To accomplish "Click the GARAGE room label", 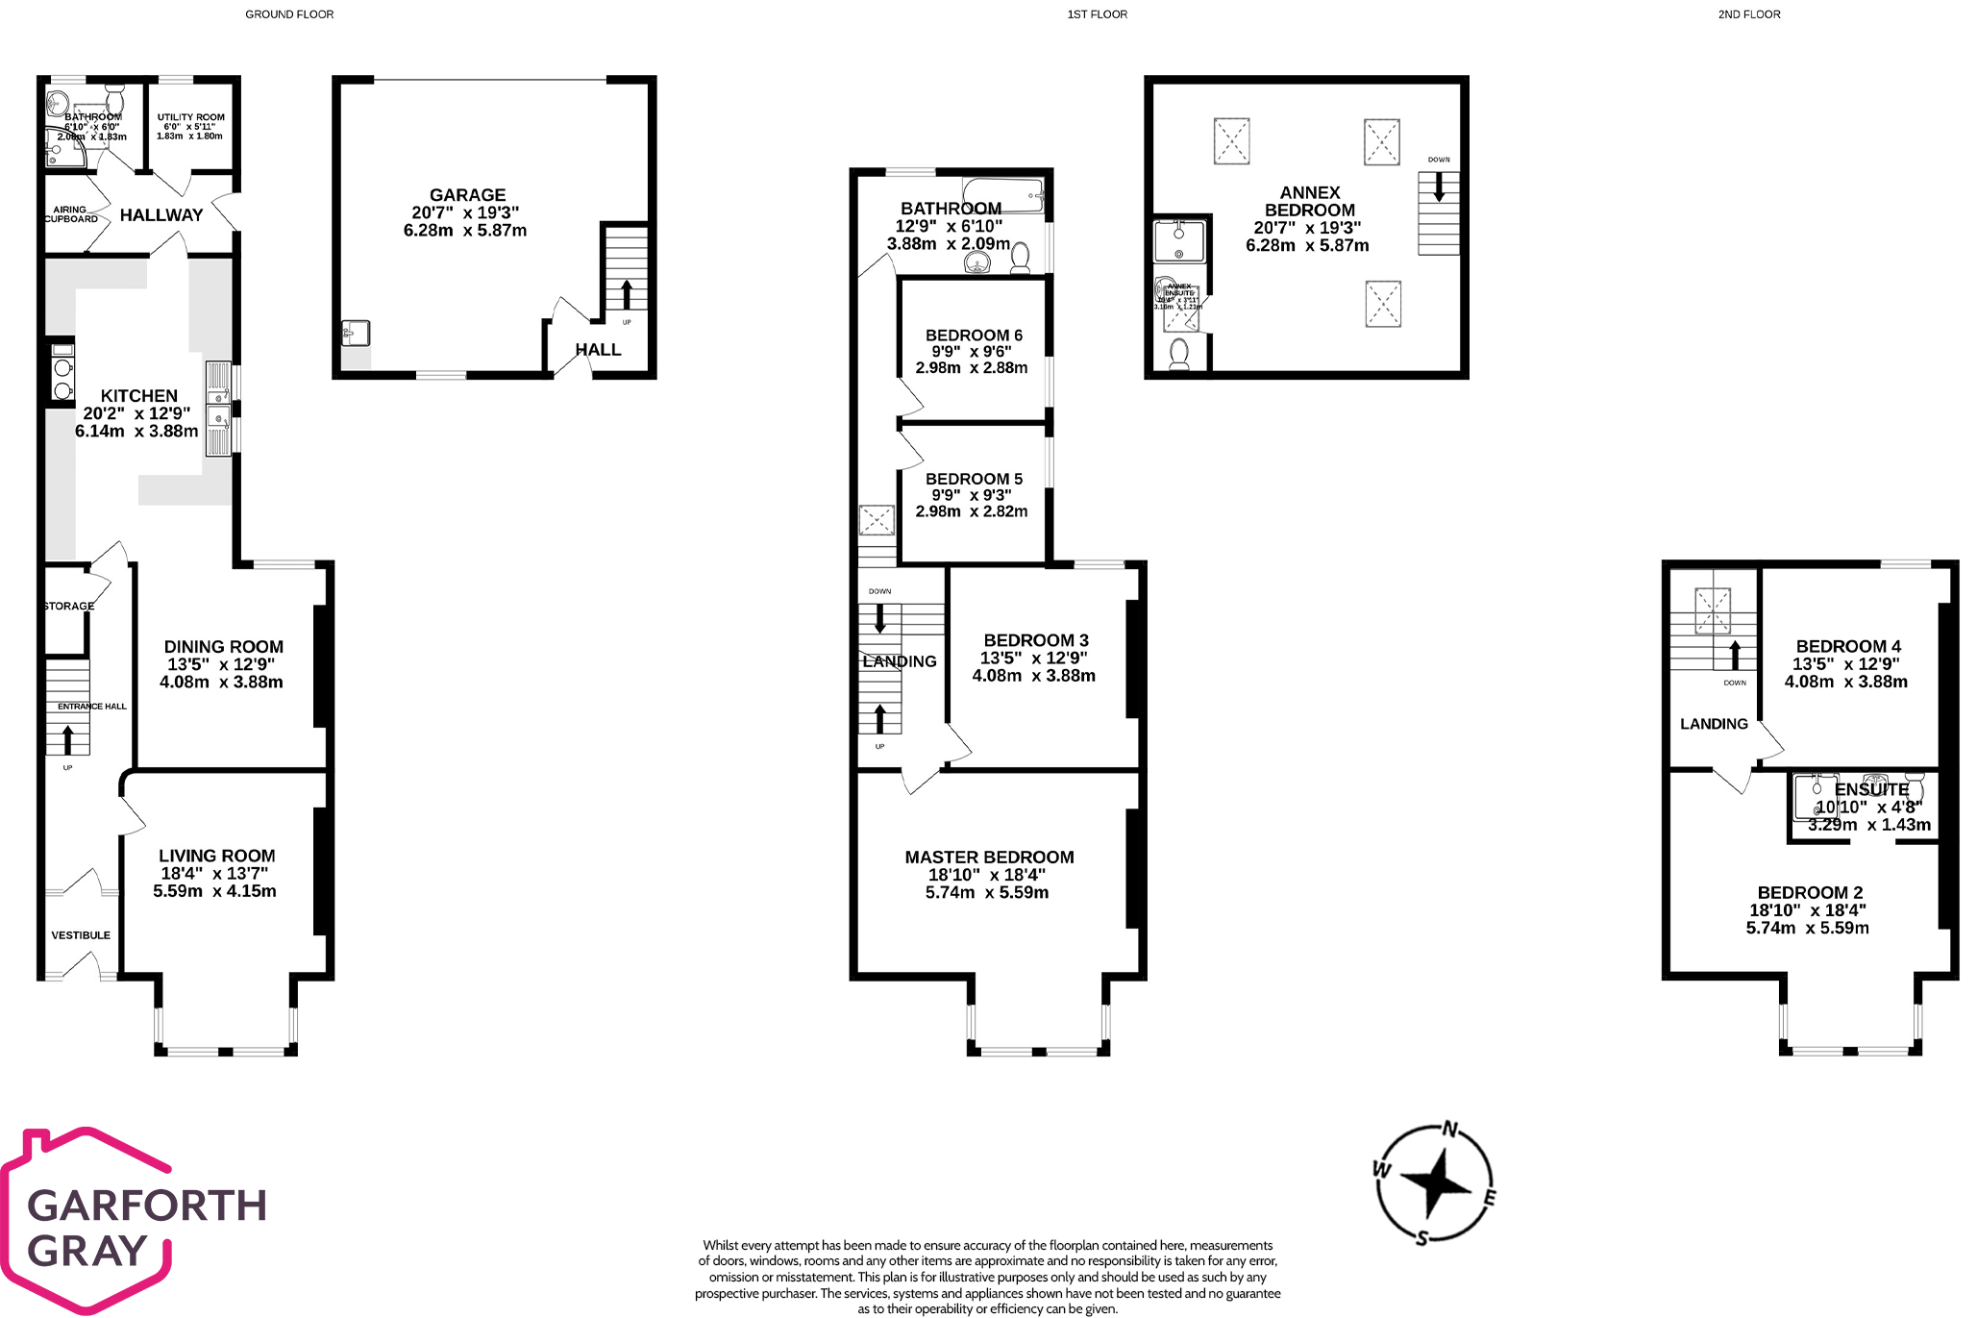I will pyautogui.click(x=467, y=195).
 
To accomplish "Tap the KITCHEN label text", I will pyautogui.click(x=138, y=396).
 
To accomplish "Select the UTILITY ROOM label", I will pyautogui.click(x=190, y=117).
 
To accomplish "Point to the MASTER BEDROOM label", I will pyautogui.click(x=989, y=858).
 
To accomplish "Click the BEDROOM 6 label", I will pyautogui.click(x=974, y=336).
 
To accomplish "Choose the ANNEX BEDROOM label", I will pyautogui.click(x=1309, y=202).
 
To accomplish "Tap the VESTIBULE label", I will pyautogui.click(x=81, y=935).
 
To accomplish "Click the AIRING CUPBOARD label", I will pyautogui.click(x=70, y=214).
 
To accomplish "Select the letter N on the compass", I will pyautogui.click(x=1450, y=1130).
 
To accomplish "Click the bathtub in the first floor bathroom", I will pyautogui.click(x=1002, y=195).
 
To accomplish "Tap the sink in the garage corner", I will pyautogui.click(x=355, y=334).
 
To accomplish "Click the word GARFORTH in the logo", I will pyautogui.click(x=147, y=1206).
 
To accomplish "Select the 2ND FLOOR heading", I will pyautogui.click(x=1748, y=14).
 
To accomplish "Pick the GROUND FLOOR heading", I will pyautogui.click(x=289, y=14).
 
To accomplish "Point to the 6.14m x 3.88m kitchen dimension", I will pyautogui.click(x=136, y=432).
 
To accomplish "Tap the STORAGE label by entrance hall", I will pyautogui.click(x=69, y=607).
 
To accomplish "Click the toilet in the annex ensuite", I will pyautogui.click(x=1179, y=356).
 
